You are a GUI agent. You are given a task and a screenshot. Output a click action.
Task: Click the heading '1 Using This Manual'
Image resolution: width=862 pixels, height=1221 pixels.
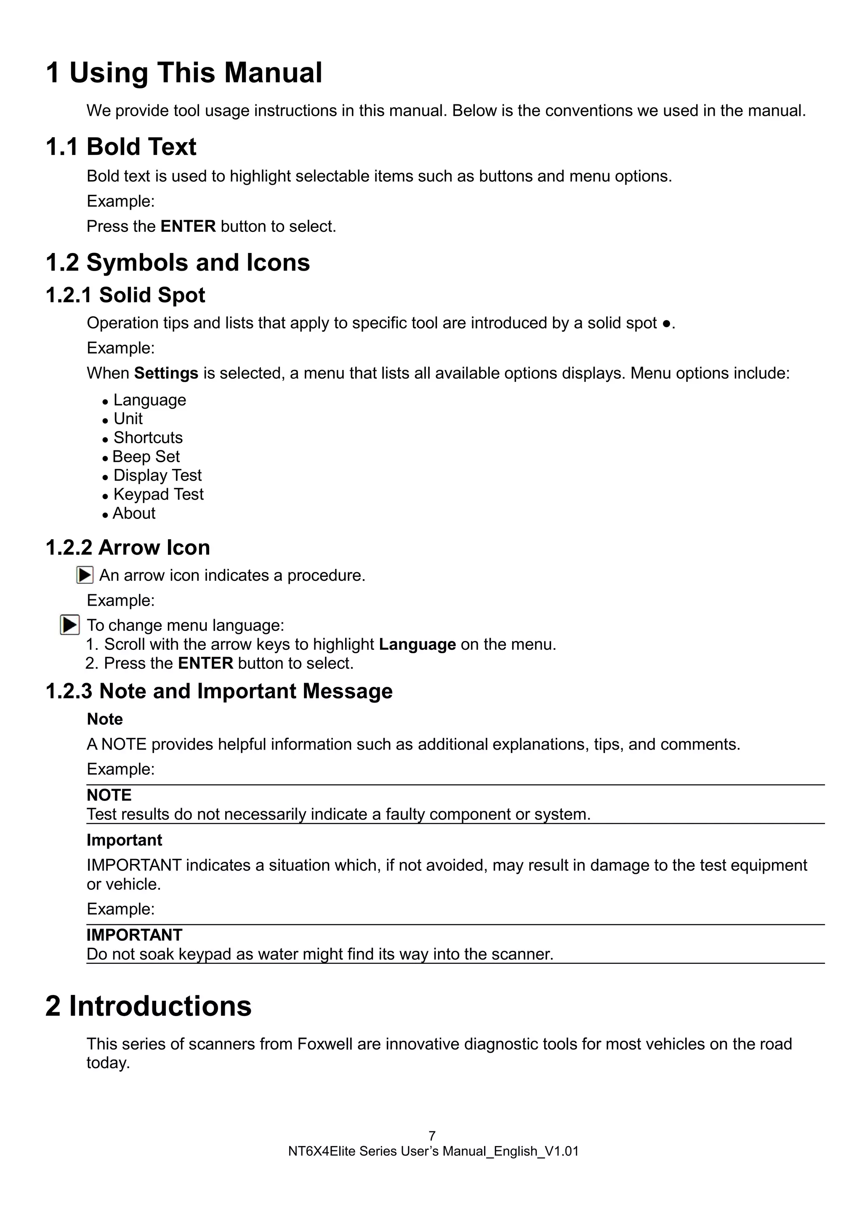(x=184, y=73)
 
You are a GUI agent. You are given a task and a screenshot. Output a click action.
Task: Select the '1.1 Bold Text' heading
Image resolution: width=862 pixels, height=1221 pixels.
(x=121, y=147)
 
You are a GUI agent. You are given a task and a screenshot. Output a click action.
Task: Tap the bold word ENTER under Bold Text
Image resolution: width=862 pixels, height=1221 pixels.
(x=188, y=226)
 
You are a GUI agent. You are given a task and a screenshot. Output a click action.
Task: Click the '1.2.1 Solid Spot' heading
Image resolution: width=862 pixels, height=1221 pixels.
(x=125, y=295)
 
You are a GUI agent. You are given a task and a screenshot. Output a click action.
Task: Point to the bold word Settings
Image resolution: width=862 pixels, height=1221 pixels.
(x=166, y=373)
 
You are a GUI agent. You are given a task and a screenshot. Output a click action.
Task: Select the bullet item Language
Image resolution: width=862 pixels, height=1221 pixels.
(x=149, y=400)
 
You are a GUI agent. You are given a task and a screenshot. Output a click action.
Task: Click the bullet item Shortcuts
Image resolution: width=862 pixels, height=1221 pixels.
(x=148, y=438)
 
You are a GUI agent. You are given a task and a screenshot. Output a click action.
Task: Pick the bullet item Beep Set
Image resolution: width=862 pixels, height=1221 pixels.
(x=146, y=457)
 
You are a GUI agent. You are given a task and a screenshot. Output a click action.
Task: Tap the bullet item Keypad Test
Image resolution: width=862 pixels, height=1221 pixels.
(x=158, y=495)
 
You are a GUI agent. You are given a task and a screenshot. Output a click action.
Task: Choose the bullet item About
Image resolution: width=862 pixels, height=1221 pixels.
(x=134, y=514)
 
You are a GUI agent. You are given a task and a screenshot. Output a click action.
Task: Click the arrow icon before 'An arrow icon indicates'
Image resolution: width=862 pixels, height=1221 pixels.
(x=85, y=575)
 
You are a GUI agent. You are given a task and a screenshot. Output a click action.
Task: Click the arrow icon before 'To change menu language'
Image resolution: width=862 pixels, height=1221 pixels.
(x=70, y=625)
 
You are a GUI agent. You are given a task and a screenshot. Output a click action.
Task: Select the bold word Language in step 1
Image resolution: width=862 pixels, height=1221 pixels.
(x=417, y=644)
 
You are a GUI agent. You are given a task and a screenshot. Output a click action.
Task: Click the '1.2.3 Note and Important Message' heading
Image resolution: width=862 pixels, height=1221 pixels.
(x=218, y=692)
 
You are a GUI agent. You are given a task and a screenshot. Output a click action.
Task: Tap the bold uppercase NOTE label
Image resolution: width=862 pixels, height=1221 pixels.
(x=109, y=795)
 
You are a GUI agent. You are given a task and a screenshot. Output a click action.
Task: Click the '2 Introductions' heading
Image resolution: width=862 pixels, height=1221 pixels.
(x=148, y=1006)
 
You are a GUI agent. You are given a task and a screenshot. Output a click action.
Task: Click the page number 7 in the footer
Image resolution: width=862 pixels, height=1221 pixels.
(x=432, y=1136)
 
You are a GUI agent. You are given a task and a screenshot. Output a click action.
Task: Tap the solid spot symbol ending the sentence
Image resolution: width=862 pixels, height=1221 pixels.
(x=666, y=324)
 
